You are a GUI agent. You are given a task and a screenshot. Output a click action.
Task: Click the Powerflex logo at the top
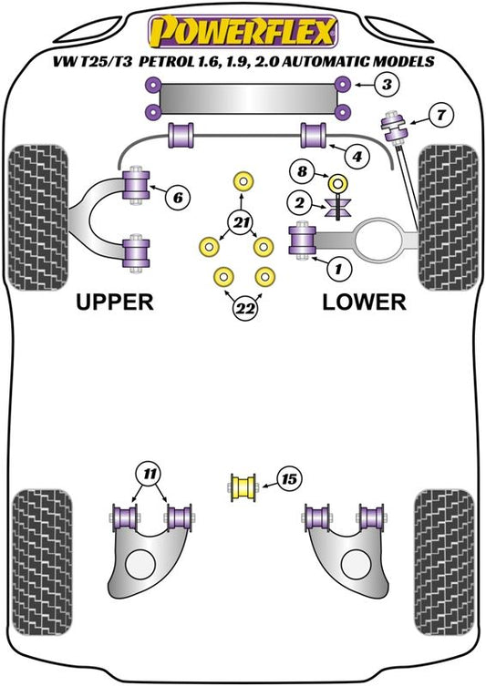[243, 32]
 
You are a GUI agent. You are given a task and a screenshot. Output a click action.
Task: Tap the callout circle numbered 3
[387, 84]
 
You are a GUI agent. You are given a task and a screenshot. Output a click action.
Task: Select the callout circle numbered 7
[440, 115]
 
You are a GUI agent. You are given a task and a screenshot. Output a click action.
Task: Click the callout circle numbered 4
[357, 156]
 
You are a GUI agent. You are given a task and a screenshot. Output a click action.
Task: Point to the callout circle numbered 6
[178, 198]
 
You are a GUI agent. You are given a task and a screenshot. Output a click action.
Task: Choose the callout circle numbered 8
[303, 171]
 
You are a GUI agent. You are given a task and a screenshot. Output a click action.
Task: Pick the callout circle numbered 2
[300, 203]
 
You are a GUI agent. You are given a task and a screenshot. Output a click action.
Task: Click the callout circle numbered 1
[338, 268]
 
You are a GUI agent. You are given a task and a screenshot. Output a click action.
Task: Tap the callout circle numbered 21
[241, 223]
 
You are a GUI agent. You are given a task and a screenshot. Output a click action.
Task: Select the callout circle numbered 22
[245, 309]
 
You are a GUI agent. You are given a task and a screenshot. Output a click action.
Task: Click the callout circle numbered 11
[150, 474]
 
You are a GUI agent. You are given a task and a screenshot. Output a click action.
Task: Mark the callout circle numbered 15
[289, 479]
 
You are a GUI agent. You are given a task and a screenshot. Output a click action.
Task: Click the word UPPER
[115, 302]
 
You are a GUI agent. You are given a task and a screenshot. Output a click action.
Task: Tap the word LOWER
[365, 302]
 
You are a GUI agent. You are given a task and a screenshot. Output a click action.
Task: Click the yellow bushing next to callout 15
[243, 486]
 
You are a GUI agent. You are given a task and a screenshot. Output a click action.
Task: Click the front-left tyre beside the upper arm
[38, 218]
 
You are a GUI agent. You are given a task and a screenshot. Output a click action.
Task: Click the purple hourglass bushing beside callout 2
[339, 208]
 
